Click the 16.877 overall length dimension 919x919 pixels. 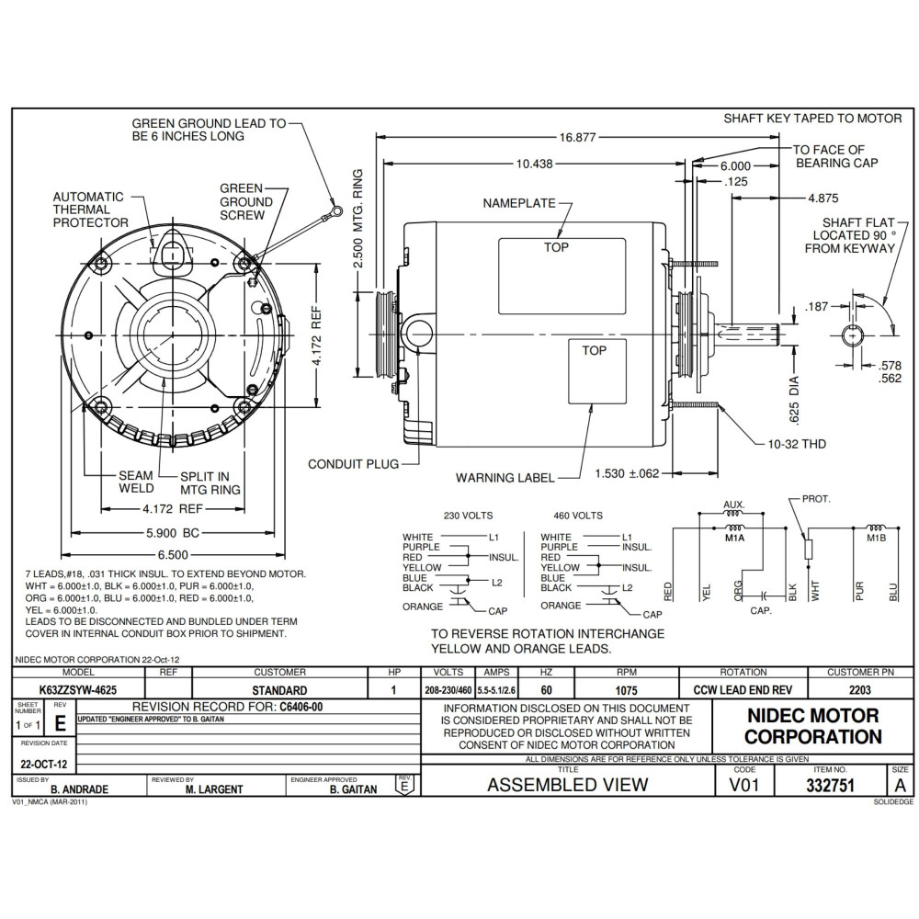point(577,138)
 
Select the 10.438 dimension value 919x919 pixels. point(534,165)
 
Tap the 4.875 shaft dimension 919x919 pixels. point(823,199)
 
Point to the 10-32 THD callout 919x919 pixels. point(797,444)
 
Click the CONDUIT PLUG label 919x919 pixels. point(353,464)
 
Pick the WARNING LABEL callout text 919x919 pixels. point(505,478)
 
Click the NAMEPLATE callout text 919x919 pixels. point(518,203)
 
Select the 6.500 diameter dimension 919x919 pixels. point(173,554)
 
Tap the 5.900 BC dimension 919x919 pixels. point(173,533)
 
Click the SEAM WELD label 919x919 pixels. point(136,482)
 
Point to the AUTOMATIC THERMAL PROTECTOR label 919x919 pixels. point(90,210)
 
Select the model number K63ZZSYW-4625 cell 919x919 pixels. point(78,690)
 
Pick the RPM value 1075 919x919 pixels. point(626,690)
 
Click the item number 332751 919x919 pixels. point(830,786)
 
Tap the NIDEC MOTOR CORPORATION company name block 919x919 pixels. point(813,726)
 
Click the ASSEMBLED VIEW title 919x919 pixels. point(567,785)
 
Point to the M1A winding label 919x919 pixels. point(734,538)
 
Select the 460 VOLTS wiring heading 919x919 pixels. point(578,516)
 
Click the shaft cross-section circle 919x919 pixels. point(852,336)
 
